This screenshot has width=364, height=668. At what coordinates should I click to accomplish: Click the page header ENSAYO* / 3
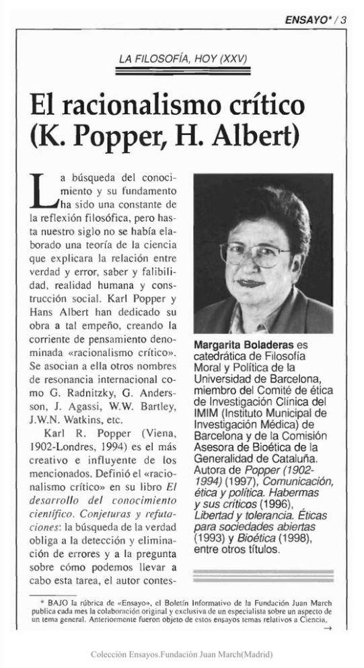click(316, 19)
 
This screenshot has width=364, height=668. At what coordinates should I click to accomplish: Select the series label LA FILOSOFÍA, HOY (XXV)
click(183, 60)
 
